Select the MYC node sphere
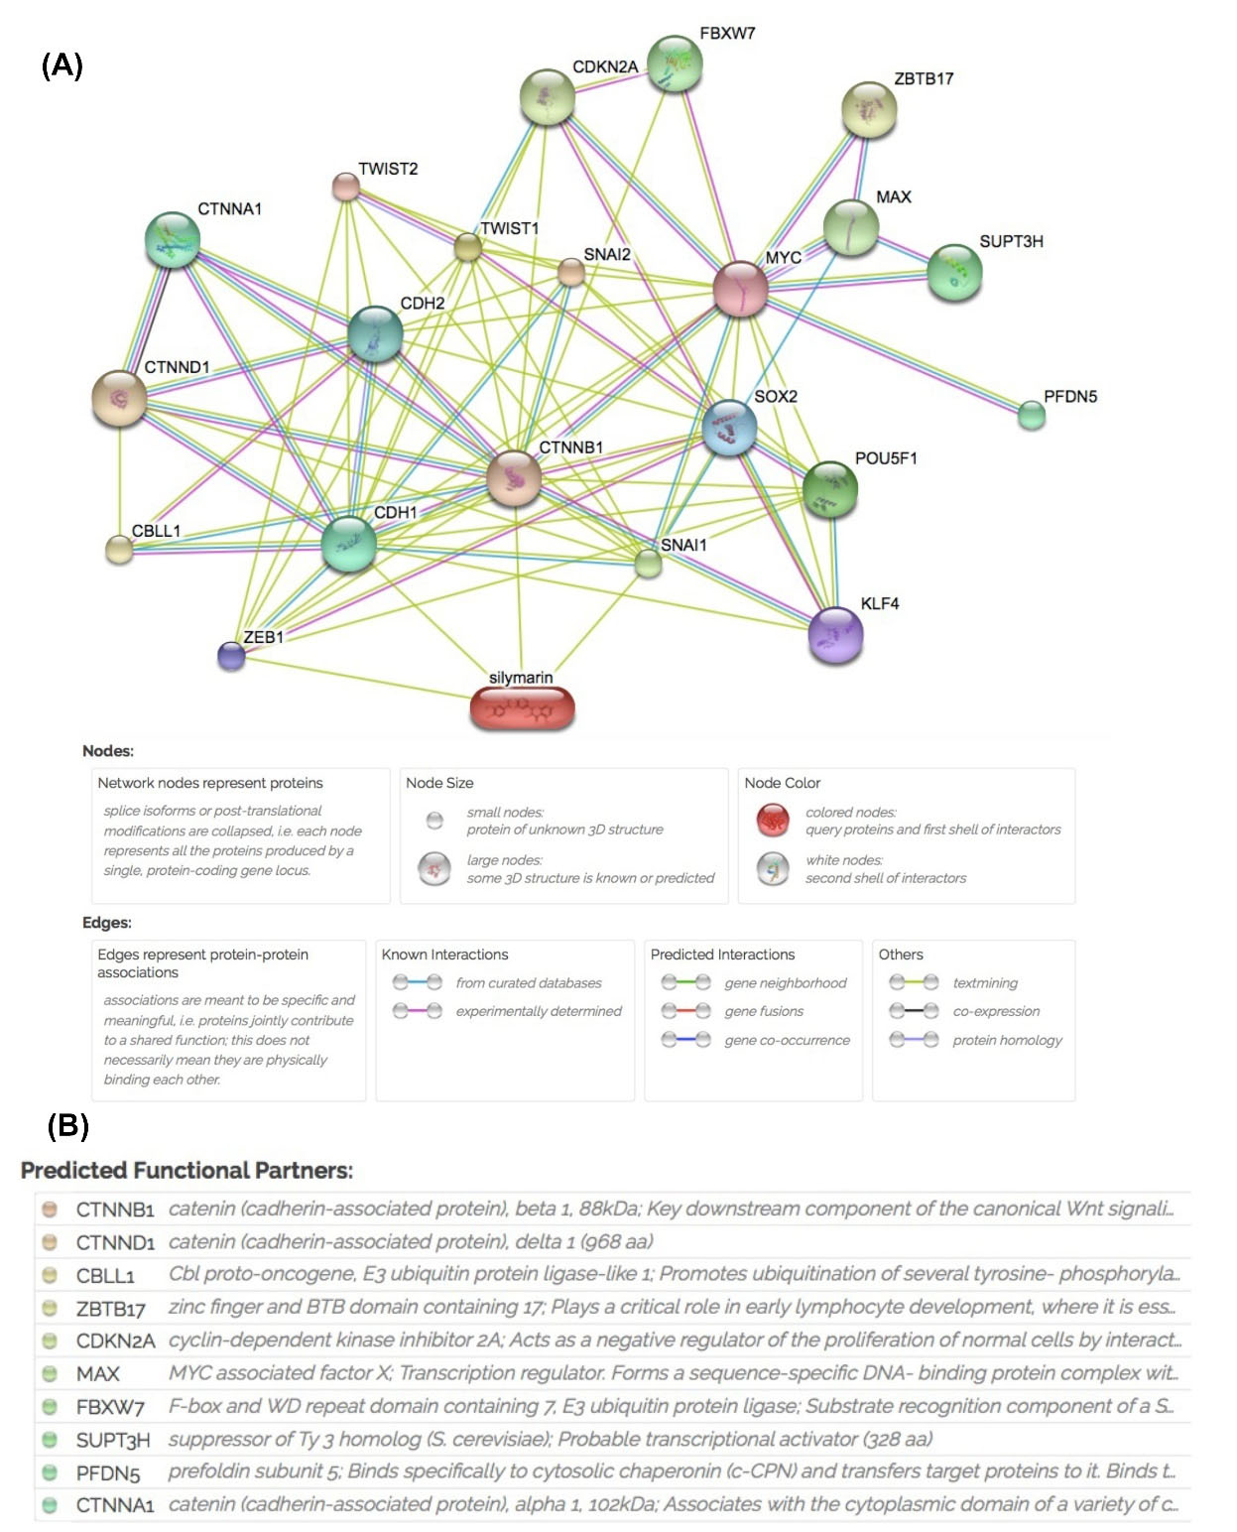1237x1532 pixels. point(740,289)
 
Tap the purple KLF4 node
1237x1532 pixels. point(835,635)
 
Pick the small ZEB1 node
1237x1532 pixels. point(231,655)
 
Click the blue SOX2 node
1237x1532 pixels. point(729,428)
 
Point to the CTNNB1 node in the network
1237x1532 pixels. point(514,477)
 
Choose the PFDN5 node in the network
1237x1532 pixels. point(1032,415)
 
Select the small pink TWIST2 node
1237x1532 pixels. point(345,186)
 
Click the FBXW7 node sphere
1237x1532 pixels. point(675,64)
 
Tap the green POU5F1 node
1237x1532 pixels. point(829,488)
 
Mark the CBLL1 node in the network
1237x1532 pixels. point(119,549)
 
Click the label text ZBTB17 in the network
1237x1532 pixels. point(924,79)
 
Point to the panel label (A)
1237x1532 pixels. point(62,65)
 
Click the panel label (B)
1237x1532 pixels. point(67,1125)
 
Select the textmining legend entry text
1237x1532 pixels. point(985,983)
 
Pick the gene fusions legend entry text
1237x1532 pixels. point(764,1012)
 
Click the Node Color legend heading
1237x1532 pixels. point(782,783)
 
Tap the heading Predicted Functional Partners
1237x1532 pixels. point(186,1171)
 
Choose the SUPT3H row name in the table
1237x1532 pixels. point(113,1440)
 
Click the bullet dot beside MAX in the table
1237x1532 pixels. point(49,1374)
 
